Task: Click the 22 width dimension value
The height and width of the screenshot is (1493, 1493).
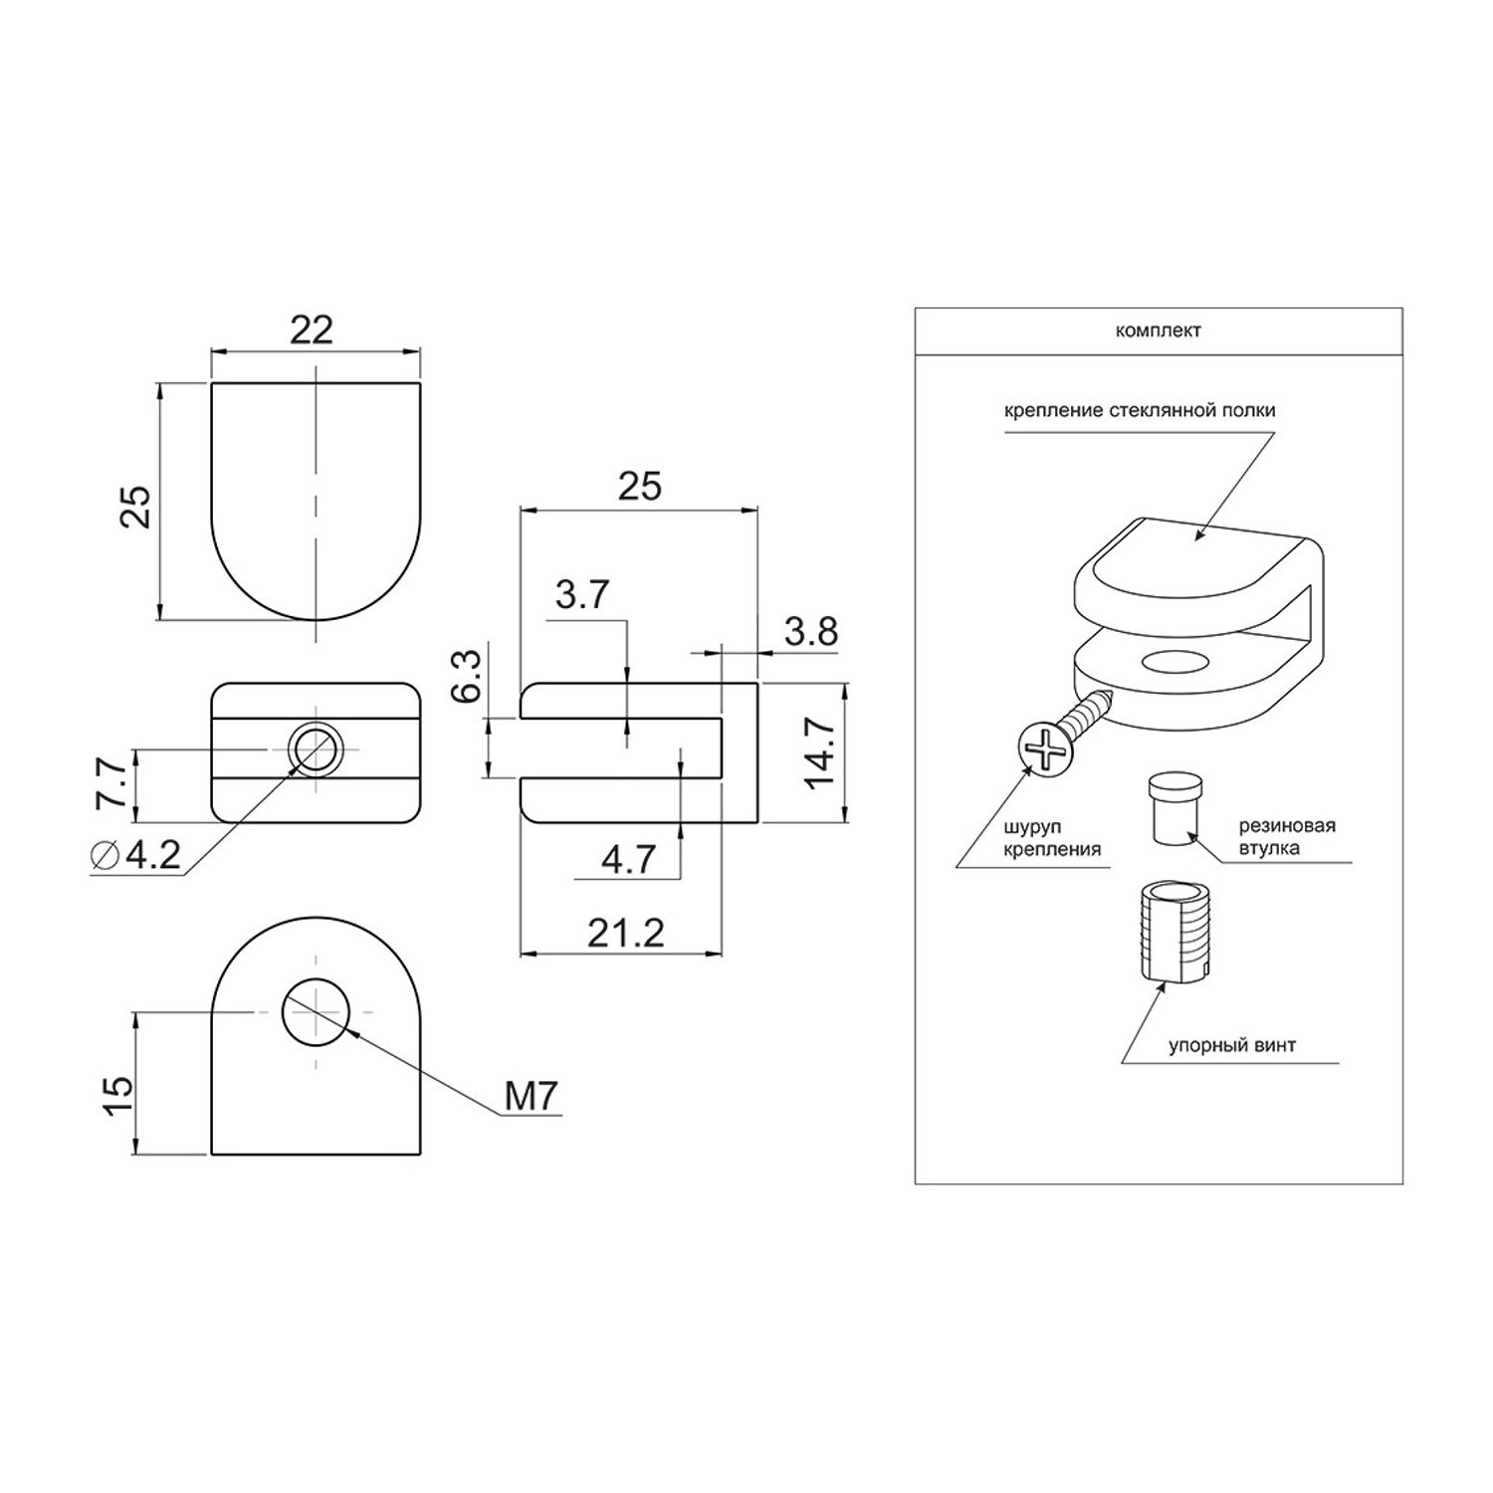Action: (311, 329)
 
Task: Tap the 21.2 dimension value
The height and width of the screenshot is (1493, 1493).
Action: (625, 933)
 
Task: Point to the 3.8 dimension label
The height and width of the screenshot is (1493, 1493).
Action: (810, 631)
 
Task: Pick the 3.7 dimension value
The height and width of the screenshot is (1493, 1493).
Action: (582, 594)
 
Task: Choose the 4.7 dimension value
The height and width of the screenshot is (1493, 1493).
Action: (629, 859)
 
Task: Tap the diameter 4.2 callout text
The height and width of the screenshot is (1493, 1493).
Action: (136, 855)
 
